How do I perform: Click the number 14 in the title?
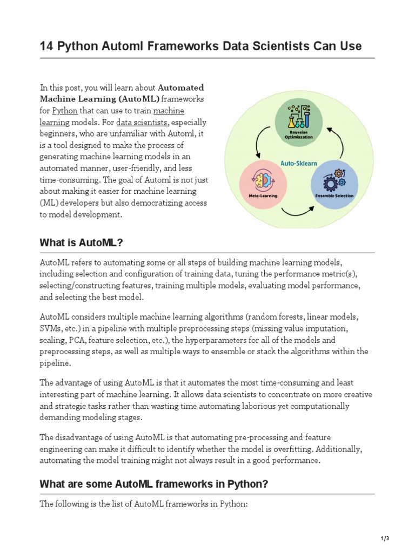(x=46, y=46)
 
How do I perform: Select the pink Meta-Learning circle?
(x=263, y=183)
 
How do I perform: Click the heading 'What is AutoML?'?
(x=81, y=243)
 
